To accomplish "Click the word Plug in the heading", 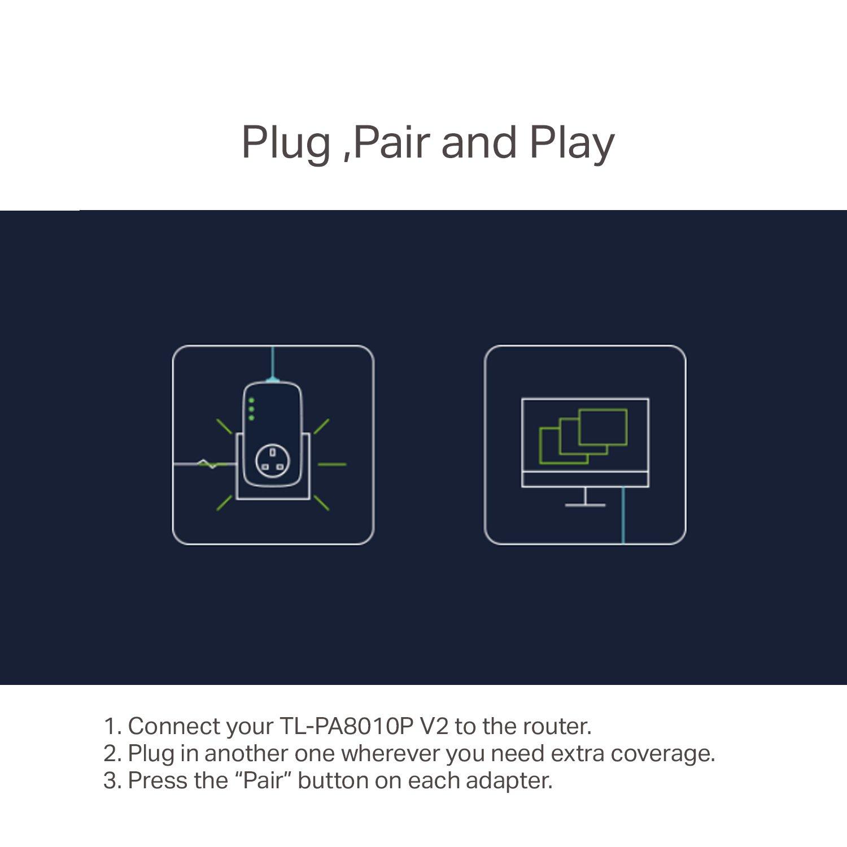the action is pos(286,143).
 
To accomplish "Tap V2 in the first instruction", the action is pos(435,726).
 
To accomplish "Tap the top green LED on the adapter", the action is pos(251,400).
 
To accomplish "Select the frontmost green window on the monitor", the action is pos(603,427).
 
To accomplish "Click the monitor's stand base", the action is pos(585,504).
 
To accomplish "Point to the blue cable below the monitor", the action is pos(623,516).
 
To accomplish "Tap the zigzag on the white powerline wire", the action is pos(207,464).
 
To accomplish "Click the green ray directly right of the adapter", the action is pos(332,464).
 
